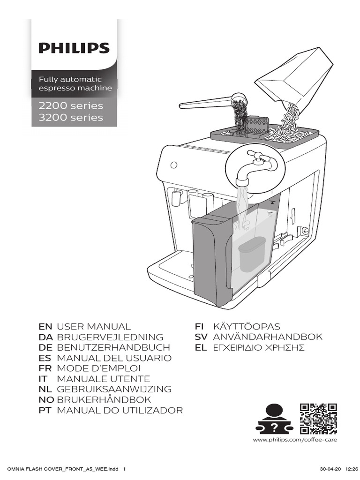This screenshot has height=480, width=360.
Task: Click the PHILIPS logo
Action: [74, 48]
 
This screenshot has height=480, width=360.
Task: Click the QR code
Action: [319, 419]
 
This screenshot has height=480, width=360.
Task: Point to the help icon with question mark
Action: [274, 419]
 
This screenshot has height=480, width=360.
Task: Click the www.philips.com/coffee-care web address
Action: [295, 440]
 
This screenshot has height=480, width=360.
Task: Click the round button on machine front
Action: [174, 165]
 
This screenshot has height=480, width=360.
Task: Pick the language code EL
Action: [201, 348]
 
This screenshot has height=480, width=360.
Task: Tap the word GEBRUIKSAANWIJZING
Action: [114, 389]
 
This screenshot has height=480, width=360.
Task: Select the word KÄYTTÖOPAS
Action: [240, 327]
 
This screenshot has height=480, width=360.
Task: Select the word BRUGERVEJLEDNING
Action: [110, 337]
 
